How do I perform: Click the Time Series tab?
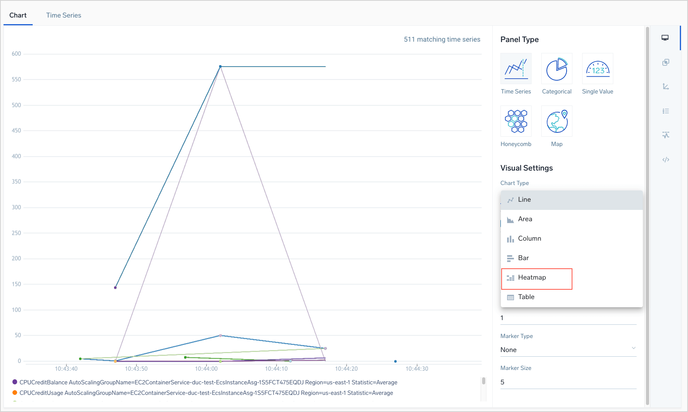63,15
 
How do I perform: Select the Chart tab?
18,15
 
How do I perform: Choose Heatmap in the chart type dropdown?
532,278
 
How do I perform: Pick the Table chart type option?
526,297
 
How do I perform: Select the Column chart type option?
529,239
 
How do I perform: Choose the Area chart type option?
525,219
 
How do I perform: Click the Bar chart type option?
523,258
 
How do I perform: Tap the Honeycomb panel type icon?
516,121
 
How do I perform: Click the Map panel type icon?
557,121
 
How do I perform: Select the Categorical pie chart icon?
557,69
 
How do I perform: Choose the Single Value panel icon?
598,69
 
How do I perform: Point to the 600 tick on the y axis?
16,54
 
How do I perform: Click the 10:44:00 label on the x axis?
206,369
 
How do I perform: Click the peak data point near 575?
220,67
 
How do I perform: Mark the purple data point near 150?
115,288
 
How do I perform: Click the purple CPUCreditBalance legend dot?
15,382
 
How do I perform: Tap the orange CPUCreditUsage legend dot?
15,393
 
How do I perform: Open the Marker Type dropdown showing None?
568,350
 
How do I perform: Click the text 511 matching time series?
442,39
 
